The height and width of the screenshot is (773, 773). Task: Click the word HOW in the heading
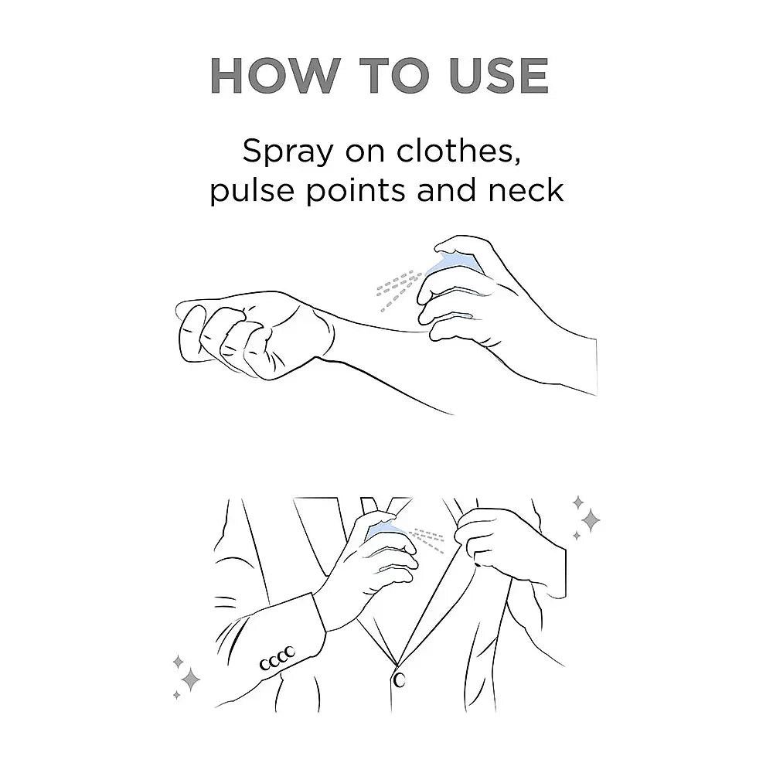pyautogui.click(x=275, y=76)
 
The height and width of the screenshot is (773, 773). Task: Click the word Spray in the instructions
pyautogui.click(x=288, y=152)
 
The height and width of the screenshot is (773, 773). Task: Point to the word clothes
pyautogui.click(x=458, y=151)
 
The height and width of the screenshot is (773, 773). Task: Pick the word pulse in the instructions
pyautogui.click(x=252, y=191)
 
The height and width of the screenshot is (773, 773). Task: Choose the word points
pyautogui.click(x=356, y=191)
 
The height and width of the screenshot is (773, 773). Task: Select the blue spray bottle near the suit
pyautogui.click(x=387, y=531)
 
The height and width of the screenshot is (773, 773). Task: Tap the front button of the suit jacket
pyautogui.click(x=399, y=680)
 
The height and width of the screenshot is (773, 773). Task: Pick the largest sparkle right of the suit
pyautogui.click(x=590, y=519)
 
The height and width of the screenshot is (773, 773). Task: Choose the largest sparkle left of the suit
pyautogui.click(x=190, y=680)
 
